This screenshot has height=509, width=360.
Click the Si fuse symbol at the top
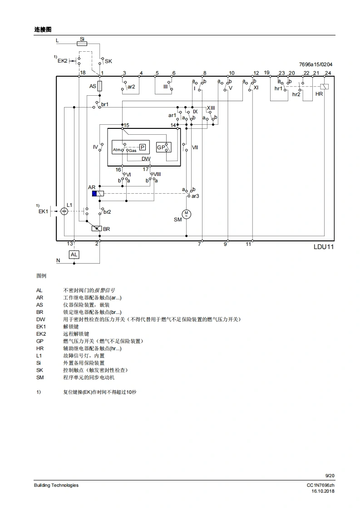[82, 44]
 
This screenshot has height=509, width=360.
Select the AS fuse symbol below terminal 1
[99, 86]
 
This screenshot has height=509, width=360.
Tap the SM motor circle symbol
[186, 214]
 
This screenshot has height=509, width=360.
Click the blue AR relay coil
[94, 194]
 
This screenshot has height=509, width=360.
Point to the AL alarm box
[74, 254]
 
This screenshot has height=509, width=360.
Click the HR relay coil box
[324, 87]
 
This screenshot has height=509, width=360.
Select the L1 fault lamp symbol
[64, 211]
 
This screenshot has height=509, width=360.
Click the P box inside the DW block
[142, 147]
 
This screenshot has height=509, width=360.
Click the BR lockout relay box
[96, 229]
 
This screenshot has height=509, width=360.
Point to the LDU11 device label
[323, 247]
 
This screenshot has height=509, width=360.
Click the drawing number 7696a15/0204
[316, 65]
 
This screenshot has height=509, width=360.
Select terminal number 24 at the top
[328, 73]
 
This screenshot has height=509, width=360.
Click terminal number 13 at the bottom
[69, 244]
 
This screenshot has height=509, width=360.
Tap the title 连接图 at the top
[43, 29]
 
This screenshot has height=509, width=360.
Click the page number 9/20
[330, 475]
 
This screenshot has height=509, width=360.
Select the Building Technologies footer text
[56, 485]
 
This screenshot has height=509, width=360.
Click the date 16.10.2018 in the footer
[323, 491]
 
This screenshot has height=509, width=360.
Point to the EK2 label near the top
[62, 60]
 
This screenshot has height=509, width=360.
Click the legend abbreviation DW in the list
[40, 319]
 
